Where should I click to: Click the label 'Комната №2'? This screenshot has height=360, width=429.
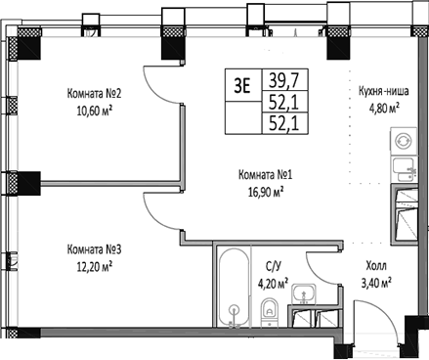coord(95,95)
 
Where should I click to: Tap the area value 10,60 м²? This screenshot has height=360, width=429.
coord(93,111)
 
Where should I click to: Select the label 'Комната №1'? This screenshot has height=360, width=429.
coord(266,176)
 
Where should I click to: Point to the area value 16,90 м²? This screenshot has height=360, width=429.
coord(265,193)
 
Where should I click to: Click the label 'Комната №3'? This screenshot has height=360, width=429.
coord(95,248)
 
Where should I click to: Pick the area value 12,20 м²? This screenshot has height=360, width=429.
coord(93,264)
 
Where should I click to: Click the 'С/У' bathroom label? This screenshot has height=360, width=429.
coord(274,266)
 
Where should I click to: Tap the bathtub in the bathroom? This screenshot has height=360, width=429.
coord(233,289)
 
